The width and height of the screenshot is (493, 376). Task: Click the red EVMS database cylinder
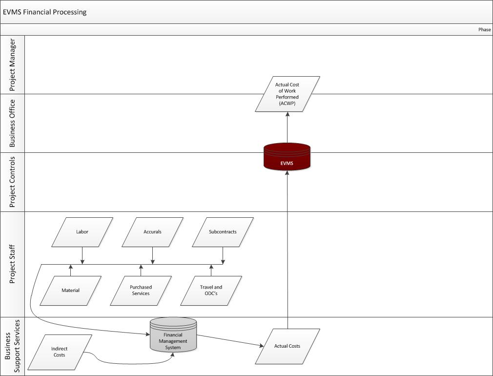point(287,157)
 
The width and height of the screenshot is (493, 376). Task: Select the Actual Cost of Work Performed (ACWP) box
point(287,94)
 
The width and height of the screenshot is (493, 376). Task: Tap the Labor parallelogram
point(82,232)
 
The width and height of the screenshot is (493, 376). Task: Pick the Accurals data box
point(152,232)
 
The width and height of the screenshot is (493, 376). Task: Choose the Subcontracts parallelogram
point(223,232)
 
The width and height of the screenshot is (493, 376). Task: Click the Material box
point(70,291)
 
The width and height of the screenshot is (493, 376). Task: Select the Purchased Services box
point(141,291)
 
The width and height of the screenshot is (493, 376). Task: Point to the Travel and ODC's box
point(211,291)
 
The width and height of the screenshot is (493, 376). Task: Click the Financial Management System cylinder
point(173,336)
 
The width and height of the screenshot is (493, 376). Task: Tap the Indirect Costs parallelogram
point(60,352)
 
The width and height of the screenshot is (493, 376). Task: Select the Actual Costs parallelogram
point(287,346)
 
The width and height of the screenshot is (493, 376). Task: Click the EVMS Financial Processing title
point(45,12)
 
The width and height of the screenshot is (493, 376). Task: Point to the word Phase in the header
point(484,30)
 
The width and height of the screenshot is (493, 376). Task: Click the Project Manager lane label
point(13,64)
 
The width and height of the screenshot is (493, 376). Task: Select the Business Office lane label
point(13,123)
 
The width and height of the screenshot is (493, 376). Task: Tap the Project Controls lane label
point(13,182)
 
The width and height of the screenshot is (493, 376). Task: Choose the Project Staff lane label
point(13,264)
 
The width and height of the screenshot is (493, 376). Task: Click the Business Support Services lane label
point(13,346)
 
